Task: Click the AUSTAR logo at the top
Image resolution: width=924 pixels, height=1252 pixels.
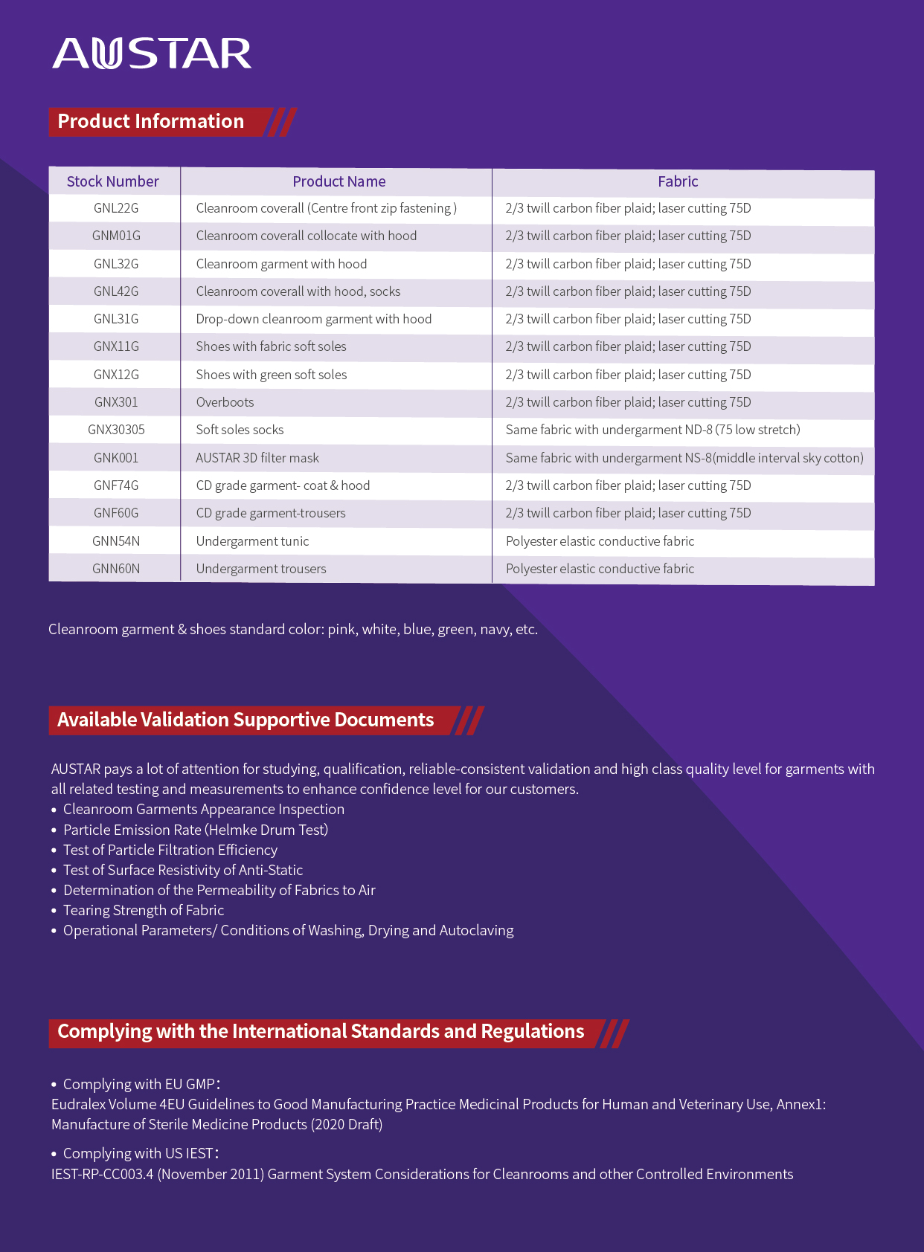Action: [152, 54]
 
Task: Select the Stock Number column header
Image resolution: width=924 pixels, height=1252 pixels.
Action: [113, 181]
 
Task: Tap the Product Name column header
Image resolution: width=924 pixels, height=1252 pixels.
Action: [339, 181]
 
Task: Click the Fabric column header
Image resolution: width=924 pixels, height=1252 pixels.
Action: [678, 181]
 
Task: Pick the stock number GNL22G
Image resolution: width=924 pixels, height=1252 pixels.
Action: [116, 208]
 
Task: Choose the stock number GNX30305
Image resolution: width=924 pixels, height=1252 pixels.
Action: [116, 430]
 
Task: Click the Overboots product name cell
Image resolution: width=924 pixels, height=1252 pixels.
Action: [225, 402]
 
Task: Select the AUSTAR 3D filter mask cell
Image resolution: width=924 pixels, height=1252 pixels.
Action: [257, 458]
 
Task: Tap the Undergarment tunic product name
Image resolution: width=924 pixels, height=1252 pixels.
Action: [252, 541]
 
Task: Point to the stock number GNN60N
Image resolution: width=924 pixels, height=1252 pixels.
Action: [116, 569]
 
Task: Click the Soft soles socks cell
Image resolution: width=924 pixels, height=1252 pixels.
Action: [240, 430]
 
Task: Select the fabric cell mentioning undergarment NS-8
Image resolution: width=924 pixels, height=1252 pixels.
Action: [684, 458]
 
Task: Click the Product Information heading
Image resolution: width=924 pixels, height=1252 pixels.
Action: [151, 121]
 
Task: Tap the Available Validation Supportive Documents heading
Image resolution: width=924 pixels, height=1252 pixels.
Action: [246, 720]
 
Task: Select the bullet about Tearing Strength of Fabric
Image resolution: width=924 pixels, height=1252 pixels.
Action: [144, 910]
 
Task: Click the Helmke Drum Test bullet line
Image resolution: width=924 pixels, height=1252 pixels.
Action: [196, 830]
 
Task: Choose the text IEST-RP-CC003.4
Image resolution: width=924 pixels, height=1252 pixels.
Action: [103, 1174]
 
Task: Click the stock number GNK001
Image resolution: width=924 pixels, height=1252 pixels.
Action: [116, 458]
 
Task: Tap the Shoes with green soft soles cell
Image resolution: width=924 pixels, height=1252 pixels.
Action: [272, 375]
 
